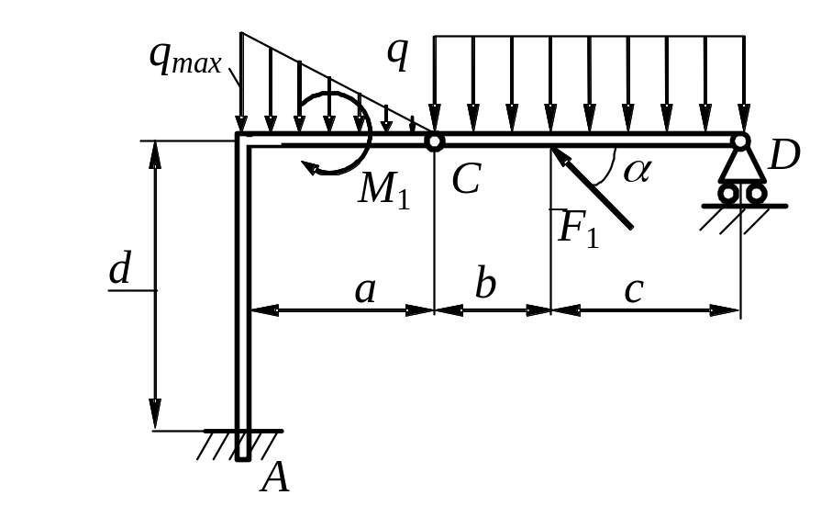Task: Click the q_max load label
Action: click(186, 58)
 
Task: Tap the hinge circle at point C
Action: click(434, 141)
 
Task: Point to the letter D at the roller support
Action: click(784, 157)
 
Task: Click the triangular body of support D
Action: click(740, 166)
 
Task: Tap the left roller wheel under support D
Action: click(728, 194)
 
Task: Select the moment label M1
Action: click(383, 189)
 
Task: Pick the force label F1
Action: click(578, 227)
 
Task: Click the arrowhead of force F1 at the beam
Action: click(556, 152)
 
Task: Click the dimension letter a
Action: click(365, 290)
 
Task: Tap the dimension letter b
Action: click(485, 285)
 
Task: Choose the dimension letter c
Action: click(633, 290)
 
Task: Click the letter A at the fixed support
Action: click(275, 477)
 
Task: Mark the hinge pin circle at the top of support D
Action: click(740, 141)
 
